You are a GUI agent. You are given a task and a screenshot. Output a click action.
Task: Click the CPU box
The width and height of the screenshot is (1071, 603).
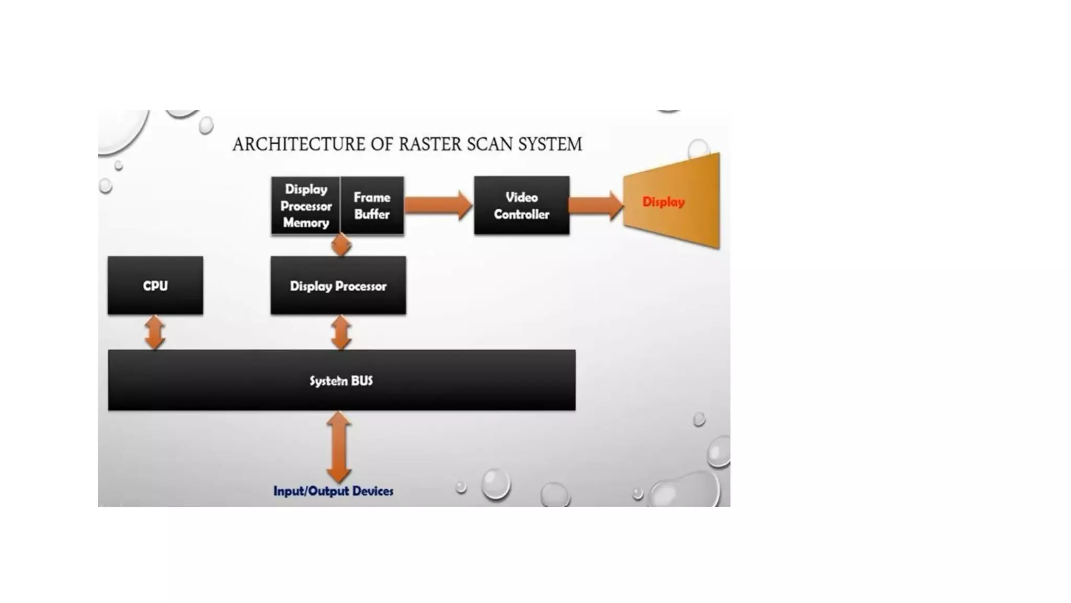click(155, 285)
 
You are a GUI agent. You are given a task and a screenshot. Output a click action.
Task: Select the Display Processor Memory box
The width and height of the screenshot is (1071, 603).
click(306, 206)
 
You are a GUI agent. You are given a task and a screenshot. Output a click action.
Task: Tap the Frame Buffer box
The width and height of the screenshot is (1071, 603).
click(372, 206)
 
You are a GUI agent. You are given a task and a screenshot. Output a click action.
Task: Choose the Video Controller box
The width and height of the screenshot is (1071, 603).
click(521, 205)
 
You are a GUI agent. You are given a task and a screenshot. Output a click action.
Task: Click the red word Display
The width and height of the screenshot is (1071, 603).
click(663, 202)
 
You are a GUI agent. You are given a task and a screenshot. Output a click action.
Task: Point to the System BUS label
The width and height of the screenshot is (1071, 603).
click(341, 381)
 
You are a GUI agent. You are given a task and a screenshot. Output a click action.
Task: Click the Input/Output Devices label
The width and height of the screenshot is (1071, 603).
click(333, 491)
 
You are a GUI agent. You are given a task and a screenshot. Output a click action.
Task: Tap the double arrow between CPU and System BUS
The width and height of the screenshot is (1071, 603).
click(155, 332)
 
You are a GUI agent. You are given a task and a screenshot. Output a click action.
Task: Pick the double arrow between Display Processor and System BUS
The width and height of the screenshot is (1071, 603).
click(341, 332)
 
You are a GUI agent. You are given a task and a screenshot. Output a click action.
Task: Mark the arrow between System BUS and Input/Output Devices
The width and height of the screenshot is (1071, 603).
click(338, 446)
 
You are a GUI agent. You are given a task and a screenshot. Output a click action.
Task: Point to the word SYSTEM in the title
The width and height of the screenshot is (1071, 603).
click(550, 144)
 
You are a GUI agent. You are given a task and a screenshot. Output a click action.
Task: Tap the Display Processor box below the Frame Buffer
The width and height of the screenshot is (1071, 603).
click(338, 286)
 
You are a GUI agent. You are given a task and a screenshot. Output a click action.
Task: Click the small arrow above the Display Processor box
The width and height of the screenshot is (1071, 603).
click(341, 245)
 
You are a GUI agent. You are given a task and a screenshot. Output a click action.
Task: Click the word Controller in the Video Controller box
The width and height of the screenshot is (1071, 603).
click(521, 215)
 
